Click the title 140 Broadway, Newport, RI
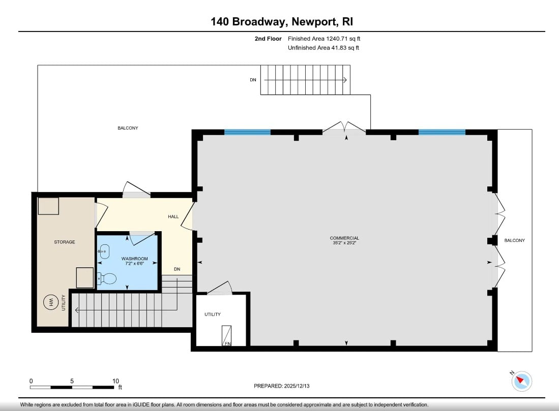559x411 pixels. coord(281,21)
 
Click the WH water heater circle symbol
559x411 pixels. coord(51,303)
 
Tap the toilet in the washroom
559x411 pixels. coord(108,278)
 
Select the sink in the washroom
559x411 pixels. coord(105,250)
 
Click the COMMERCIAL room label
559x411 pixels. coord(344,238)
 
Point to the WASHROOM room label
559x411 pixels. coord(135,259)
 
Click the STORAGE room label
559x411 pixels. coord(65,242)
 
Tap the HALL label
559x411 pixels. coord(173,217)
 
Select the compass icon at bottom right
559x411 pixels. coord(521,381)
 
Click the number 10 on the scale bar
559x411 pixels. coord(115,381)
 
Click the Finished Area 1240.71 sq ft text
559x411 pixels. coord(324,39)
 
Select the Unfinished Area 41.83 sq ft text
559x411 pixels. coord(324,48)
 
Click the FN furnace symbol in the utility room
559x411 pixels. coord(227,336)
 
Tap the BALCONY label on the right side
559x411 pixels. coord(514,240)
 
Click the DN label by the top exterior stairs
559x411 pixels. coord(253,80)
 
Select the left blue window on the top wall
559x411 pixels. coord(247,132)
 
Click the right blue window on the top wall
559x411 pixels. coord(442,132)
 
